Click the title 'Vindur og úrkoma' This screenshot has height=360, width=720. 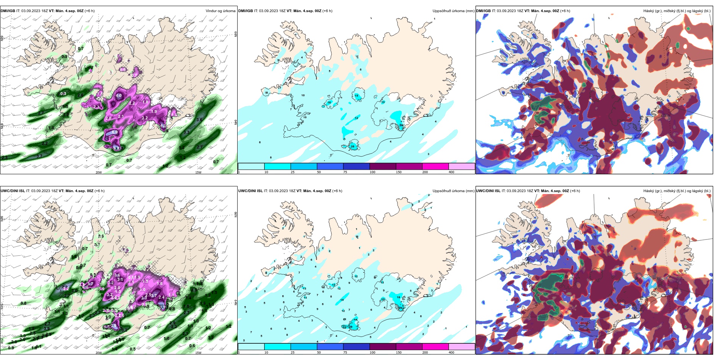click(x=220, y=11)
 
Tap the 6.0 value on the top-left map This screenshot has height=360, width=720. click(x=115, y=132)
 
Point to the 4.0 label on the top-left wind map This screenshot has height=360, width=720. click(x=119, y=96)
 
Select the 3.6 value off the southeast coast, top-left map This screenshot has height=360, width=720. click(x=199, y=120)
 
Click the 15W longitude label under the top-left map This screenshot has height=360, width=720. click(x=198, y=172)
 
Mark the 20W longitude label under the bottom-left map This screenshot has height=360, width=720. click(x=99, y=353)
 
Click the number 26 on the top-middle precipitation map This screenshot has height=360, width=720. click(x=352, y=146)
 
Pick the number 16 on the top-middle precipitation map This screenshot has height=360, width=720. click(x=329, y=103)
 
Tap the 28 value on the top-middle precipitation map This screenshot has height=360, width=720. click(x=401, y=125)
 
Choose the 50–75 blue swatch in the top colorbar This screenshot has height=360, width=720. click(x=330, y=166)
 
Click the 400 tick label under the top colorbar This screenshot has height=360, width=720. click(x=451, y=172)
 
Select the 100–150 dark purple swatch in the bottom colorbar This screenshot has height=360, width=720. click(x=382, y=347)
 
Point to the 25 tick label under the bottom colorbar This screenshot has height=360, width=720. click(x=293, y=353)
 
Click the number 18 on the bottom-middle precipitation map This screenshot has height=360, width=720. click(x=398, y=297)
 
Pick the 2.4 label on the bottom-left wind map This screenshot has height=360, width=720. click(x=161, y=297)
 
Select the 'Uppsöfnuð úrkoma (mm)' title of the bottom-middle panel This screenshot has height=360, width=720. click(x=453, y=191)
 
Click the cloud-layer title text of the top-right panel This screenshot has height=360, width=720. click(x=676, y=11)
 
